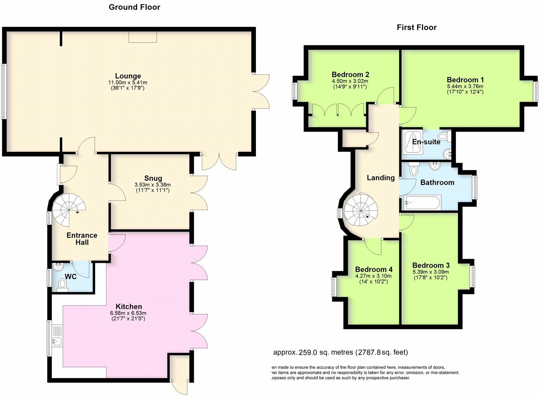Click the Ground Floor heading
click(x=134, y=7)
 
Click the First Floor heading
click(x=416, y=27)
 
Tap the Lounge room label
click(x=128, y=76)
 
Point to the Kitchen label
click(x=128, y=306)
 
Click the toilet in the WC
click(x=63, y=288)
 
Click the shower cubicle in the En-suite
click(x=412, y=142)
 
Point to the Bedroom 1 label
click(x=465, y=80)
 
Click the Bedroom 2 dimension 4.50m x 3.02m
click(x=350, y=81)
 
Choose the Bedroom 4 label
click(x=373, y=269)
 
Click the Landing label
click(x=380, y=178)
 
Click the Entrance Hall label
click(x=82, y=239)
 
